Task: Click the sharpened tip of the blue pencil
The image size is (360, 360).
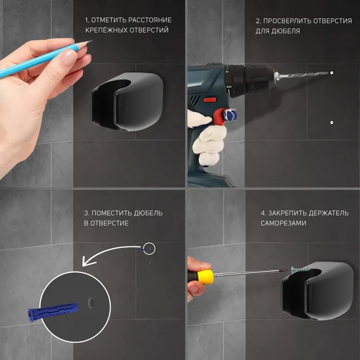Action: point(92,41)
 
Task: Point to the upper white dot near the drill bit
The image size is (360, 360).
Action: point(332,73)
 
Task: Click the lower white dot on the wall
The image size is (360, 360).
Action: point(332,122)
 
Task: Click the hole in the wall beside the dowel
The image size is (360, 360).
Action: point(91,302)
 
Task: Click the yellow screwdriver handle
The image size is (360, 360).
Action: point(206,277)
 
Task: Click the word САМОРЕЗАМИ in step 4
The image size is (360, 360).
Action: point(283,223)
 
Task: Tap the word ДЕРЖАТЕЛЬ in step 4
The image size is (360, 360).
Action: point(329,213)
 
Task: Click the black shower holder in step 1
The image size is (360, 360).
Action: point(127,101)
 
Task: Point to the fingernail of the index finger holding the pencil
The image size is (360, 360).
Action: point(71,58)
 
